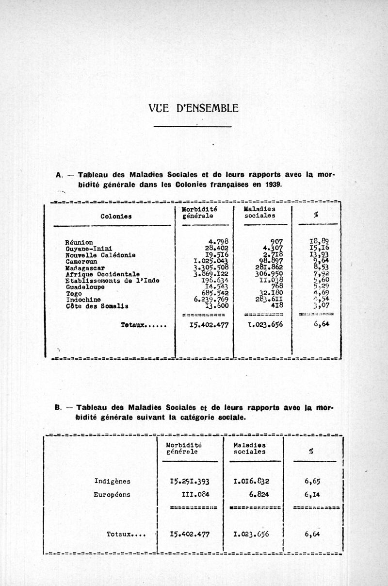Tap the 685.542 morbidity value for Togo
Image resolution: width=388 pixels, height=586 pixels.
(x=217, y=293)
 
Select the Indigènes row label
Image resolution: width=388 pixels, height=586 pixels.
(x=112, y=481)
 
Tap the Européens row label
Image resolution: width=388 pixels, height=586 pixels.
(x=112, y=495)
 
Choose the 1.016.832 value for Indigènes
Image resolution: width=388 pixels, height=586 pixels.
(x=254, y=481)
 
